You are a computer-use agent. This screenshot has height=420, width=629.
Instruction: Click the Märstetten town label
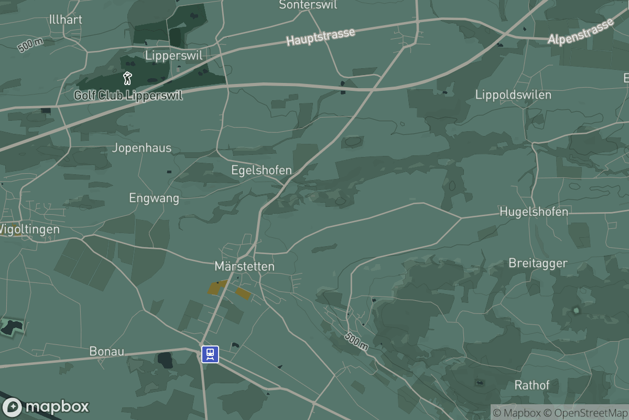tap(244, 266)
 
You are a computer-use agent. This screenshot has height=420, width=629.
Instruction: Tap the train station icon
tap(210, 353)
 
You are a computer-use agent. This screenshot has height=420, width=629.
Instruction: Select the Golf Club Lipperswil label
tap(128, 96)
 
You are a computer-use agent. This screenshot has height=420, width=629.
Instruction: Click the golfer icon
tap(127, 79)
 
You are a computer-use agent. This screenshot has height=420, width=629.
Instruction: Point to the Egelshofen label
tap(262, 170)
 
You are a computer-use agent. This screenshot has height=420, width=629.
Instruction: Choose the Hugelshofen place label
tap(534, 212)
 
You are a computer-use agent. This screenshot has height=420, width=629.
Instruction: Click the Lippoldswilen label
tap(513, 95)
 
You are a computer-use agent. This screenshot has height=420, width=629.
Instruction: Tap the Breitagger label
tap(538, 263)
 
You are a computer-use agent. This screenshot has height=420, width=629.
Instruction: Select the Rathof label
tap(532, 385)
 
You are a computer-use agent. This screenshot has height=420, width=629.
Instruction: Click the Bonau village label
tap(106, 351)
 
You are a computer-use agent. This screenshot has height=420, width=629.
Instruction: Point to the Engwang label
tap(154, 198)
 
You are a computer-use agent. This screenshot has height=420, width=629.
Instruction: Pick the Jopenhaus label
tap(142, 148)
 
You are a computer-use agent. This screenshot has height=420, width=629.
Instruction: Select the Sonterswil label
tap(308, 5)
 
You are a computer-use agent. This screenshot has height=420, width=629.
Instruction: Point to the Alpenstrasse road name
tap(581, 33)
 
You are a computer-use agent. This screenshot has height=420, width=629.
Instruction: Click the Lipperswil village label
tap(173, 55)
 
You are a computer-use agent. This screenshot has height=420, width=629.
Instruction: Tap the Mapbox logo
tap(46, 407)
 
